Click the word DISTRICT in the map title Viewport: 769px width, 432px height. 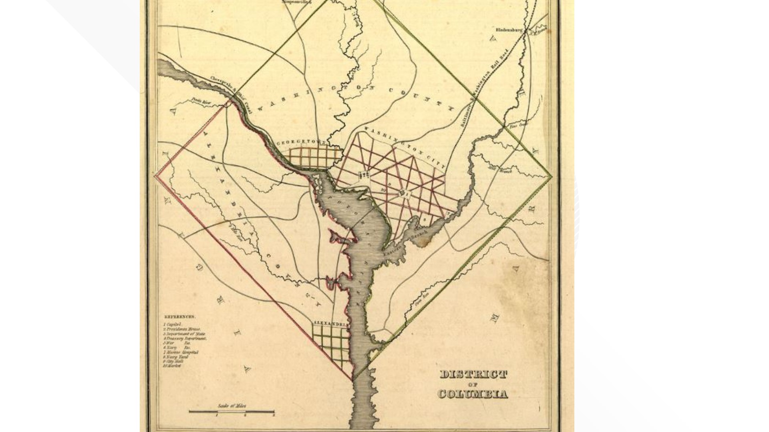coord(473,375)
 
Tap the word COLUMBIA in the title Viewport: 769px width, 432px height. coord(473,394)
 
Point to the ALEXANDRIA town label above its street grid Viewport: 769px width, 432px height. coord(330,323)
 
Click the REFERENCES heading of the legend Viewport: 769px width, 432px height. coord(180,317)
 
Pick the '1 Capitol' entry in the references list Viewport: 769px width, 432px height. coord(173,324)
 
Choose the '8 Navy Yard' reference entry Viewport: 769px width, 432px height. coord(175,357)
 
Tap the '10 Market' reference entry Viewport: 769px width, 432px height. coord(172,366)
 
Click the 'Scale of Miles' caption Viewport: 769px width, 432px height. coord(232,406)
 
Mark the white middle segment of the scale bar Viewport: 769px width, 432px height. coord(232,411)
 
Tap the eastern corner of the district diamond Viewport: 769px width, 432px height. coord(551,176)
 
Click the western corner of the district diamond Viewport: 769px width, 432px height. coord(155,175)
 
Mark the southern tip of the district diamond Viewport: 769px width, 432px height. coord(353,379)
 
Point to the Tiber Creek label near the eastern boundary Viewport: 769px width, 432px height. coord(518,125)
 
